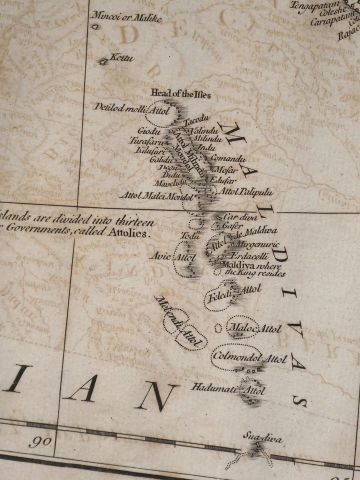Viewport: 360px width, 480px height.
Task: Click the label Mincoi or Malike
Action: pos(126,18)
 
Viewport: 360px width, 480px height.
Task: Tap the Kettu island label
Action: pos(122,58)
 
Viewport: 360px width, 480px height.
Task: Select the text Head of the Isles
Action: pos(180,94)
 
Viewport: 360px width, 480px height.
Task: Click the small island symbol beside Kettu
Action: pos(103,62)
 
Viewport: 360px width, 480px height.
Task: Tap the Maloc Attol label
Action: pos(254,328)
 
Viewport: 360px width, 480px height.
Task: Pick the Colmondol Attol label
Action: pos(249,357)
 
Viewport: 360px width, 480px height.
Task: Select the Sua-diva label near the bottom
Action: pos(262,438)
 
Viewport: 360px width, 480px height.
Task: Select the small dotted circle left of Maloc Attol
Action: pos(218,328)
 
